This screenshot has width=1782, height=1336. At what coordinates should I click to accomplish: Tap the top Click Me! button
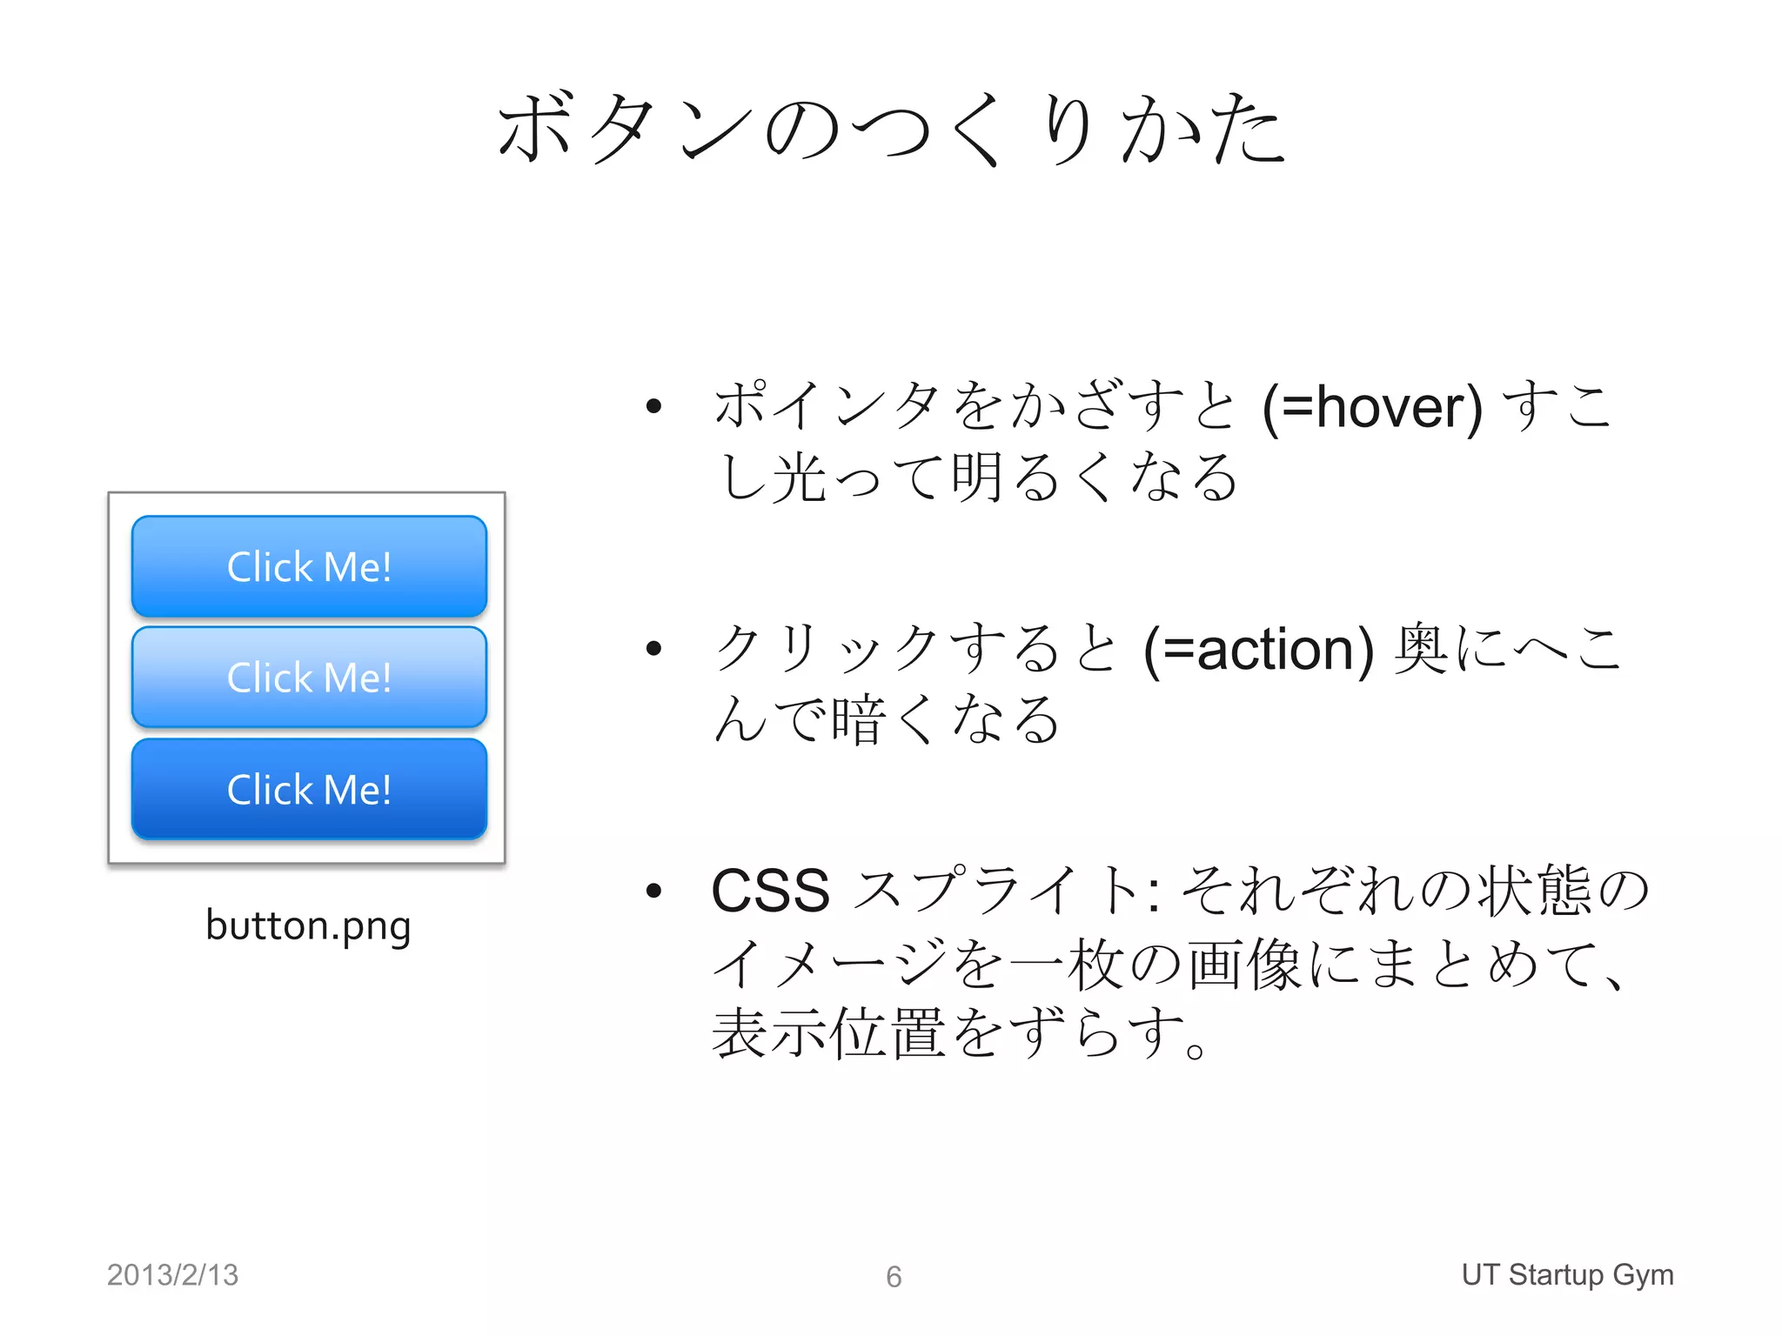pyautogui.click(x=309, y=566)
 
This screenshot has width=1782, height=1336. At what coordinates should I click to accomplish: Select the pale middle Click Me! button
pyautogui.click(x=309, y=677)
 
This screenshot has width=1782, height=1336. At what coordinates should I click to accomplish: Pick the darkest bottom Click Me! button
pyautogui.click(x=309, y=789)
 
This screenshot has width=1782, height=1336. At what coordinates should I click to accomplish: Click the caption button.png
pyautogui.click(x=308, y=925)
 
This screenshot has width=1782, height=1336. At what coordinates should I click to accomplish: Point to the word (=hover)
pyautogui.click(x=1372, y=407)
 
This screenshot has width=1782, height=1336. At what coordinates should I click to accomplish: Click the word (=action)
pyautogui.click(x=1258, y=650)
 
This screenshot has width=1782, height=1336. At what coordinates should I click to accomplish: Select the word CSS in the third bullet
pyautogui.click(x=771, y=891)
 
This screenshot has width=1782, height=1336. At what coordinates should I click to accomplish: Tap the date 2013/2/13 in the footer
pyautogui.click(x=172, y=1275)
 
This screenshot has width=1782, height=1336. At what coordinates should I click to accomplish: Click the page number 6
pyautogui.click(x=894, y=1277)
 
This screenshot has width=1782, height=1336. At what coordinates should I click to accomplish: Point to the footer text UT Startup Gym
pyautogui.click(x=1567, y=1274)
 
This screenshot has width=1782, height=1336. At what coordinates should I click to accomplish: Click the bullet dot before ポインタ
pyautogui.click(x=654, y=406)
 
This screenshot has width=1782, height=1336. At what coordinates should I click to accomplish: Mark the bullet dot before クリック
pyautogui.click(x=654, y=648)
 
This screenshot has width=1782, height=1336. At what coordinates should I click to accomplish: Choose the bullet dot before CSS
pyautogui.click(x=654, y=890)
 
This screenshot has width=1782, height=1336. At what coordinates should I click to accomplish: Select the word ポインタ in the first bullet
pyautogui.click(x=827, y=406)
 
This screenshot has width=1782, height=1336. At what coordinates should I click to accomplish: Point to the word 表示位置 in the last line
pyautogui.click(x=828, y=1034)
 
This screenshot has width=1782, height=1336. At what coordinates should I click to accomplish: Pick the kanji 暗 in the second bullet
pyautogui.click(x=858, y=721)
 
